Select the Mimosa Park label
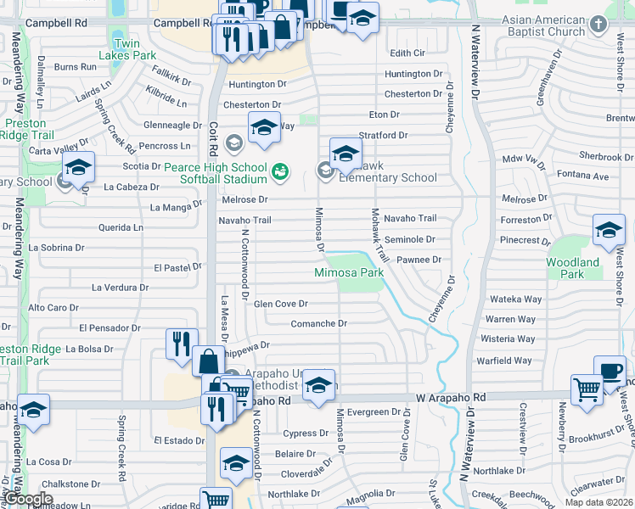349,272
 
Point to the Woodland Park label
572,268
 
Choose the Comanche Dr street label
318,323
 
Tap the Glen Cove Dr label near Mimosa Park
280,303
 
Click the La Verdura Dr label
120,288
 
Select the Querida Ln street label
120,227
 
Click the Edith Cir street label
407,53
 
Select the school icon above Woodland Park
609,230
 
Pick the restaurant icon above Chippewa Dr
182,344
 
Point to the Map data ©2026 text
598,502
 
